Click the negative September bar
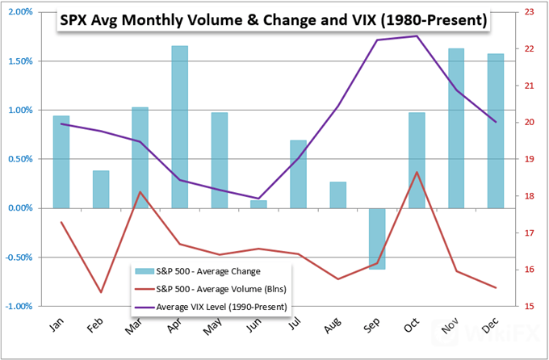pyautogui.click(x=378, y=238)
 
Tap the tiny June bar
pyautogui.click(x=258, y=204)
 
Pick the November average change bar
pyautogui.click(x=456, y=128)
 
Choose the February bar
pyautogui.click(x=101, y=189)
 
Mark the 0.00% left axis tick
pyautogui.click(x=19, y=208)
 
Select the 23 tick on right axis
pyautogui.click(x=530, y=12)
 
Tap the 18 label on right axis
pyautogui.click(x=530, y=196)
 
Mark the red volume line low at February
pyautogui.click(x=101, y=292)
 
